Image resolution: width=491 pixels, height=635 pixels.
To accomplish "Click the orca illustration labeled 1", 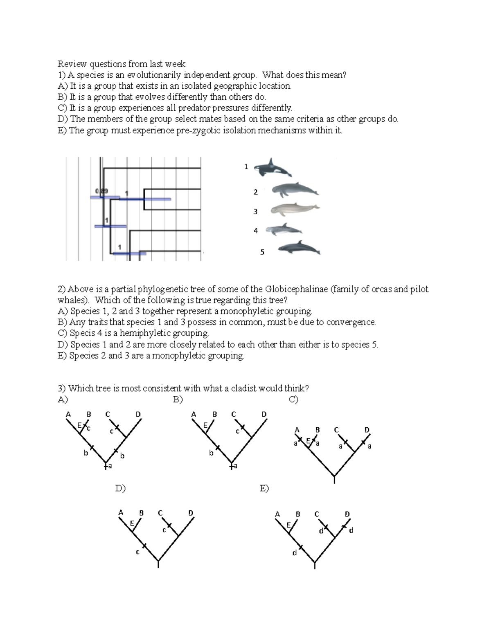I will (272, 168).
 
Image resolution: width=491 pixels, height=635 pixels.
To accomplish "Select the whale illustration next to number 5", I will (299, 248).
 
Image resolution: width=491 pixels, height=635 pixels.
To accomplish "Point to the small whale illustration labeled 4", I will (283, 230).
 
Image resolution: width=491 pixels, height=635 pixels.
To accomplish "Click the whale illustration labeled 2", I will (295, 190).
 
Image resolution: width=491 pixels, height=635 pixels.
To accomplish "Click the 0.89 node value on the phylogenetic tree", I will (101, 191).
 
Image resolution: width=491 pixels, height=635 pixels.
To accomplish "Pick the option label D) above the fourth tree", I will (120, 488).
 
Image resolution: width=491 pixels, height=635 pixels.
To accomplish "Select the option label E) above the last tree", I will (264, 488).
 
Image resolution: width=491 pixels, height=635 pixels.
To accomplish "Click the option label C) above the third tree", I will (293, 399).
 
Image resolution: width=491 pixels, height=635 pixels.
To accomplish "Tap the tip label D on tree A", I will (138, 414).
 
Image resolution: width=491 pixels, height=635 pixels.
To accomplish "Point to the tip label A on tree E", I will (277, 514).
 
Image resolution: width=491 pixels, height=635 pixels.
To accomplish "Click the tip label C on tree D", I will (160, 513).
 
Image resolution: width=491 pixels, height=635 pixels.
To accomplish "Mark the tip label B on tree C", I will (318, 430).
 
